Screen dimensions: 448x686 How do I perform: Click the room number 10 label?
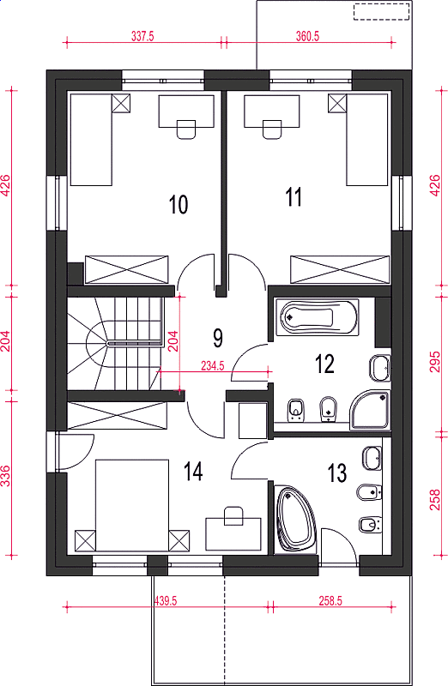click(x=179, y=204)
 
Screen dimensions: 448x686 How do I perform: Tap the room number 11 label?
click(x=294, y=197)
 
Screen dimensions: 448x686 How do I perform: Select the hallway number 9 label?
click(x=218, y=338)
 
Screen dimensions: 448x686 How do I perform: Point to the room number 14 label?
click(x=193, y=472)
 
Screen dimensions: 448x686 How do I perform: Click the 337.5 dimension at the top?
click(x=142, y=37)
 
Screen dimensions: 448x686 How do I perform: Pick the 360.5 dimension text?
click(x=307, y=37)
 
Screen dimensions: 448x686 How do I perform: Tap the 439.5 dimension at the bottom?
click(x=166, y=601)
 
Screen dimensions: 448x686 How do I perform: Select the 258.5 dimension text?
click(x=330, y=601)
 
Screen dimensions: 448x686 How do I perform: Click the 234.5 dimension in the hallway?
click(x=213, y=366)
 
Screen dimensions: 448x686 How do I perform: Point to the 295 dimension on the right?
click(x=434, y=361)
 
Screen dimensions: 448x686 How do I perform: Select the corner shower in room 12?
click(x=370, y=410)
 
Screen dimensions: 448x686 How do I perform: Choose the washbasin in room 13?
click(x=372, y=458)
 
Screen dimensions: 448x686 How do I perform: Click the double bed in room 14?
click(x=132, y=505)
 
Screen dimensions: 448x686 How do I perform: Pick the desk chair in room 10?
click(x=186, y=129)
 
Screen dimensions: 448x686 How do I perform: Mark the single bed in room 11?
click(x=367, y=140)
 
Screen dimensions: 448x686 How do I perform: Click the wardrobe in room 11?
click(x=340, y=270)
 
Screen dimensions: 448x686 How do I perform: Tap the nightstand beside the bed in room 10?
click(x=121, y=103)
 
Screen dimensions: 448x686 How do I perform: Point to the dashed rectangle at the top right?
click(x=382, y=11)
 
